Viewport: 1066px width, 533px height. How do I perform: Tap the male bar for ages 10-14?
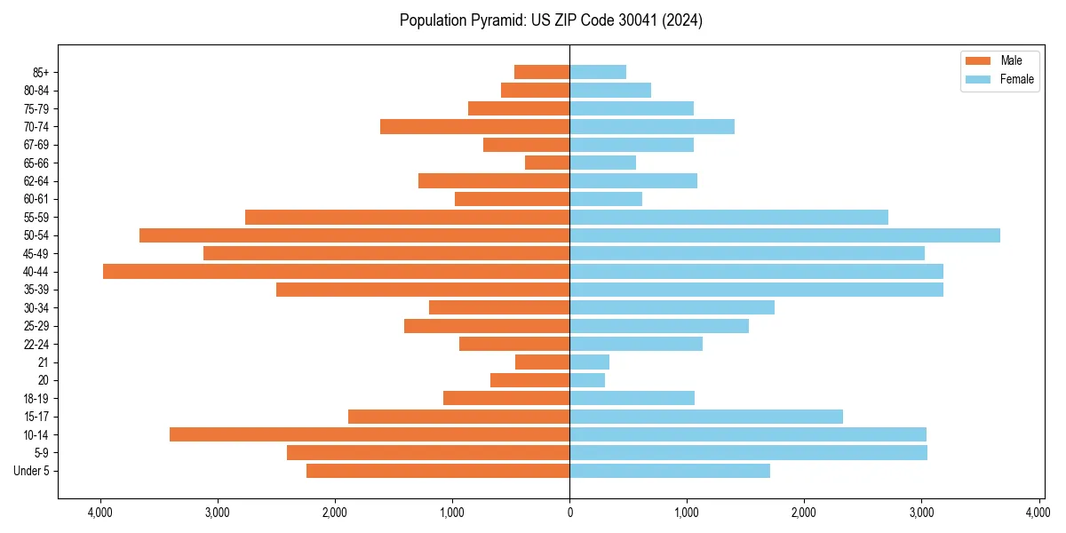tap(370, 434)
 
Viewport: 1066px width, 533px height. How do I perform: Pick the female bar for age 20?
tap(587, 380)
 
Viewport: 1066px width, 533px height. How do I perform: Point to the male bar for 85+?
tap(542, 72)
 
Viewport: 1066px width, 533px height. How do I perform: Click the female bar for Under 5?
tap(670, 471)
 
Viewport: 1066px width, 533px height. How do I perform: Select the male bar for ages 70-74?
tap(474, 126)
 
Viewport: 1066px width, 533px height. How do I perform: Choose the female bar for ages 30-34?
tap(672, 307)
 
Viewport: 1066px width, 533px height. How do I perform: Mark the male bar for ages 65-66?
tap(547, 163)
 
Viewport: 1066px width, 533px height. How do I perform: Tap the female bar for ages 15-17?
tap(706, 417)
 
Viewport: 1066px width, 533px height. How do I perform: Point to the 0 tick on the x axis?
tap(569, 513)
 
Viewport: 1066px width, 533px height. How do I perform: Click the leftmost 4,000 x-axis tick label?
tap(100, 513)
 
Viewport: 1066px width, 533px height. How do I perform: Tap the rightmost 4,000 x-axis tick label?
tap(1038, 513)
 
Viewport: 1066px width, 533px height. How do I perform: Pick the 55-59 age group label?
tap(36, 217)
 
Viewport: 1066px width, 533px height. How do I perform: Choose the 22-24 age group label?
tap(36, 344)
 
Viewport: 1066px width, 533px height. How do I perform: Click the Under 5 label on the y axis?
tap(32, 471)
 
